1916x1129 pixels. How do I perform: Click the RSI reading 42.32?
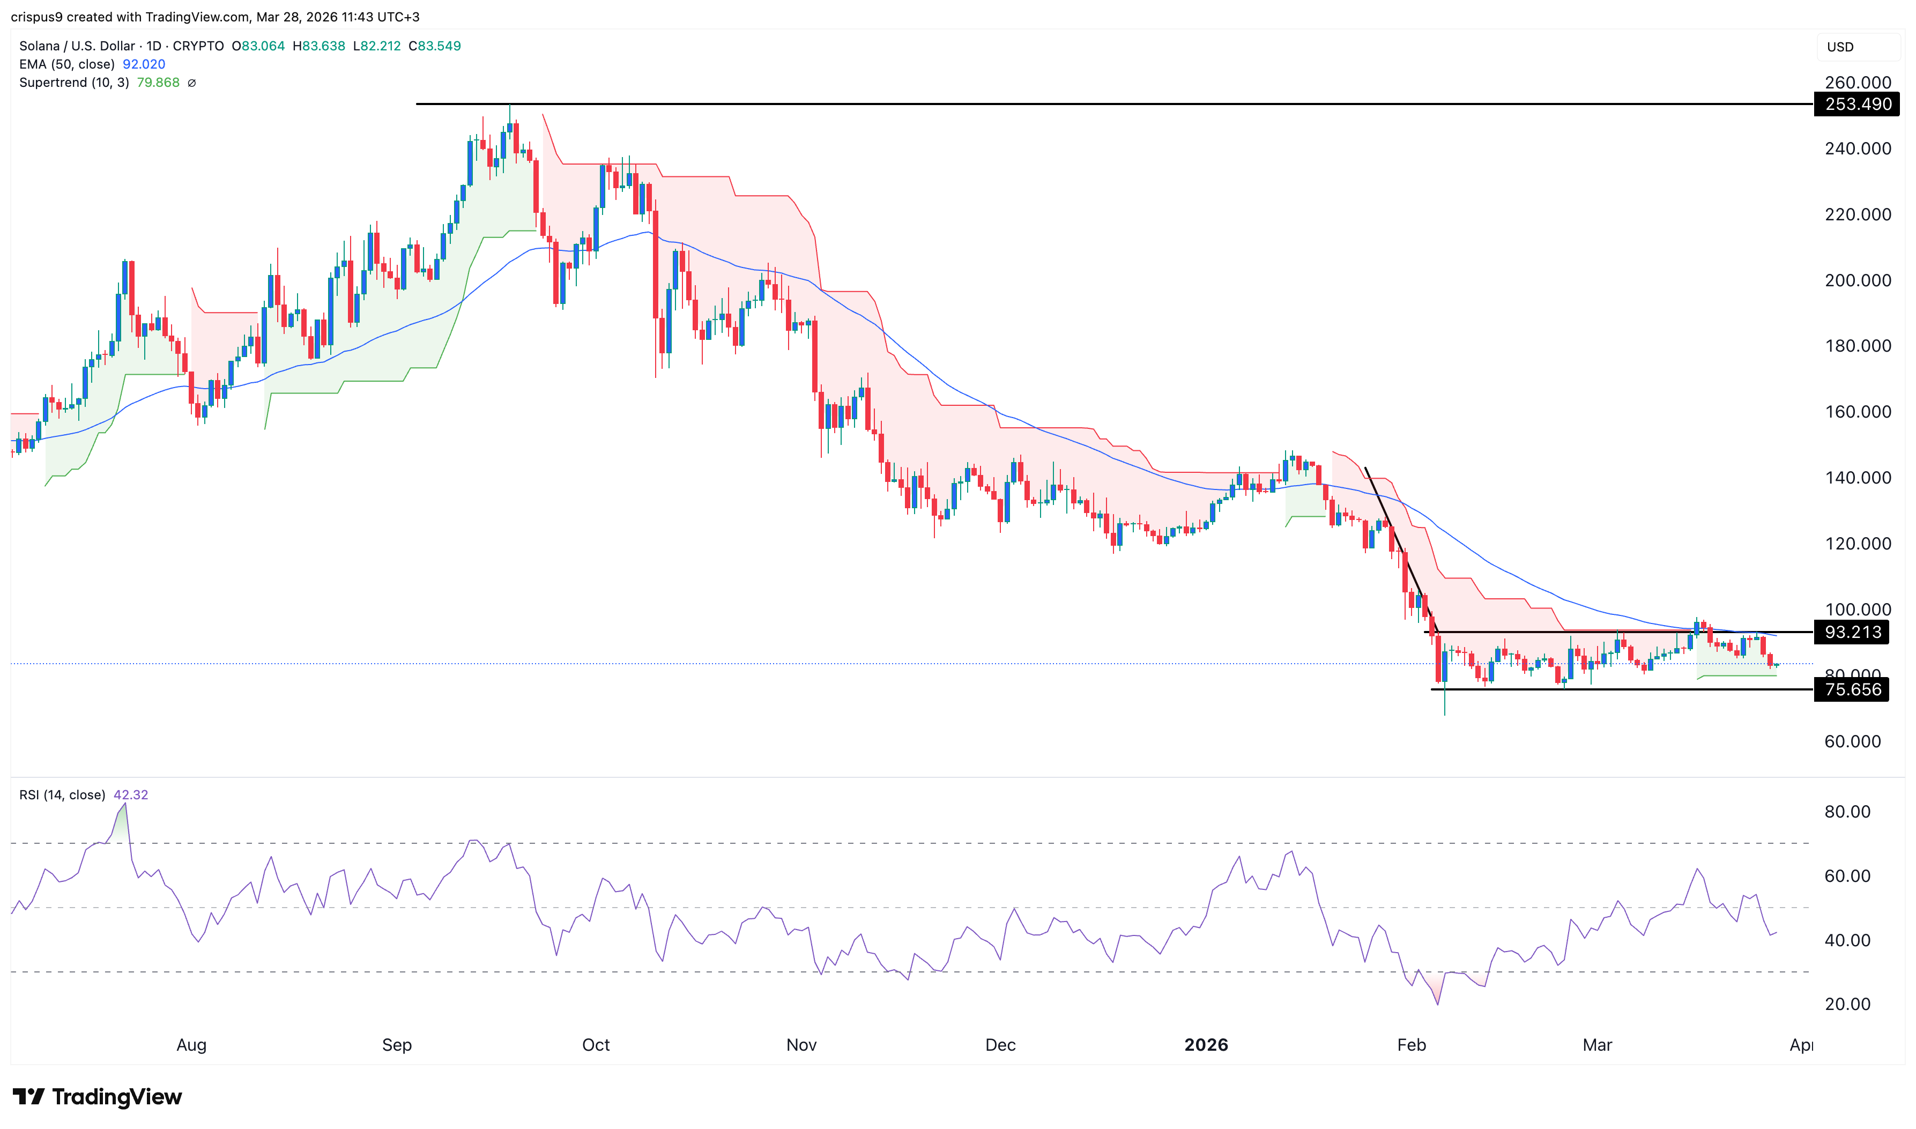click(131, 795)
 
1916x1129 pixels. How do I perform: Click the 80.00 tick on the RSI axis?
click(1847, 812)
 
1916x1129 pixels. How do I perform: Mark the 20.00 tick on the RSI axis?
click(1847, 1004)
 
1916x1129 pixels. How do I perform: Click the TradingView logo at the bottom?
click(98, 1097)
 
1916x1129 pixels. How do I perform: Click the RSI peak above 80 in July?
click(125, 804)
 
